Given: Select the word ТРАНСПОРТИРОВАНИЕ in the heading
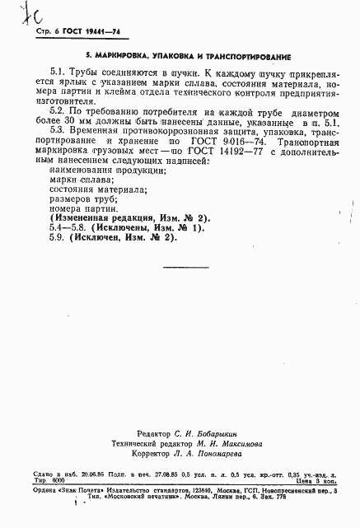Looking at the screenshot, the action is pos(247,59).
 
